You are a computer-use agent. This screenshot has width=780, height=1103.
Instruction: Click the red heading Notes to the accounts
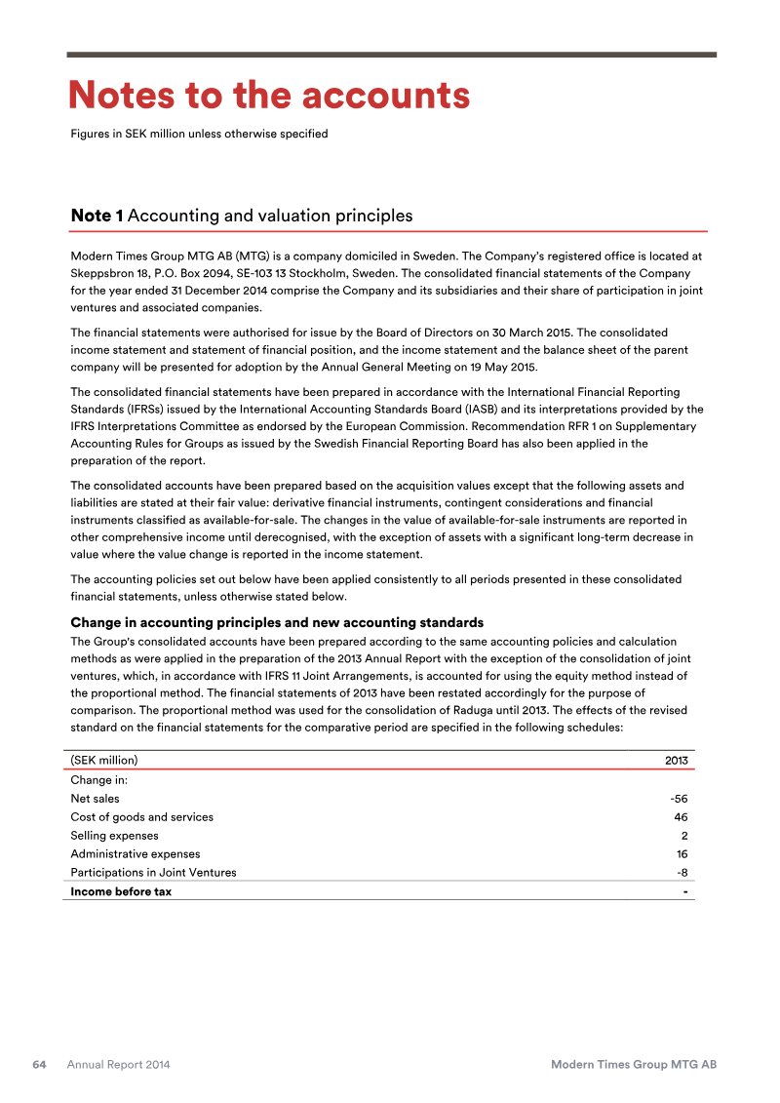268,96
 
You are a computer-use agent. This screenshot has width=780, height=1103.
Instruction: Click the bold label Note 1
97,216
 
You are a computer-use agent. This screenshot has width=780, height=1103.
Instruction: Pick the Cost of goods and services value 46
681,817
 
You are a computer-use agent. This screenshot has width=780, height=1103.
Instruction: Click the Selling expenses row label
114,836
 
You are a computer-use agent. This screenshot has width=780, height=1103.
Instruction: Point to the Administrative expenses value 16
681,854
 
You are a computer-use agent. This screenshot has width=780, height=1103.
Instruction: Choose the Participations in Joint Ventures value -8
682,873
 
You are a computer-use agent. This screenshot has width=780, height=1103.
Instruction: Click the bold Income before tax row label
121,891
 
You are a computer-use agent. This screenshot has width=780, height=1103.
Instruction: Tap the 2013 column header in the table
677,761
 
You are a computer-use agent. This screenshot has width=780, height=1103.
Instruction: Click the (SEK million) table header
104,761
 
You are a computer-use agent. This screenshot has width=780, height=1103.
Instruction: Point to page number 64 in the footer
40,1065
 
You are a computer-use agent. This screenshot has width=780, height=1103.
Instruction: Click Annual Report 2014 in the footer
118,1065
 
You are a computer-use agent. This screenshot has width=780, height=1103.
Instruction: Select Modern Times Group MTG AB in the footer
634,1065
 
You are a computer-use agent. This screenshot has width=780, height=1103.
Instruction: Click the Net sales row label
95,799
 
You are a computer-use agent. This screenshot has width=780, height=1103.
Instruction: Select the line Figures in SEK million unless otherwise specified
199,134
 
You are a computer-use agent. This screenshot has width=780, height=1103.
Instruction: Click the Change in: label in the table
99,780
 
